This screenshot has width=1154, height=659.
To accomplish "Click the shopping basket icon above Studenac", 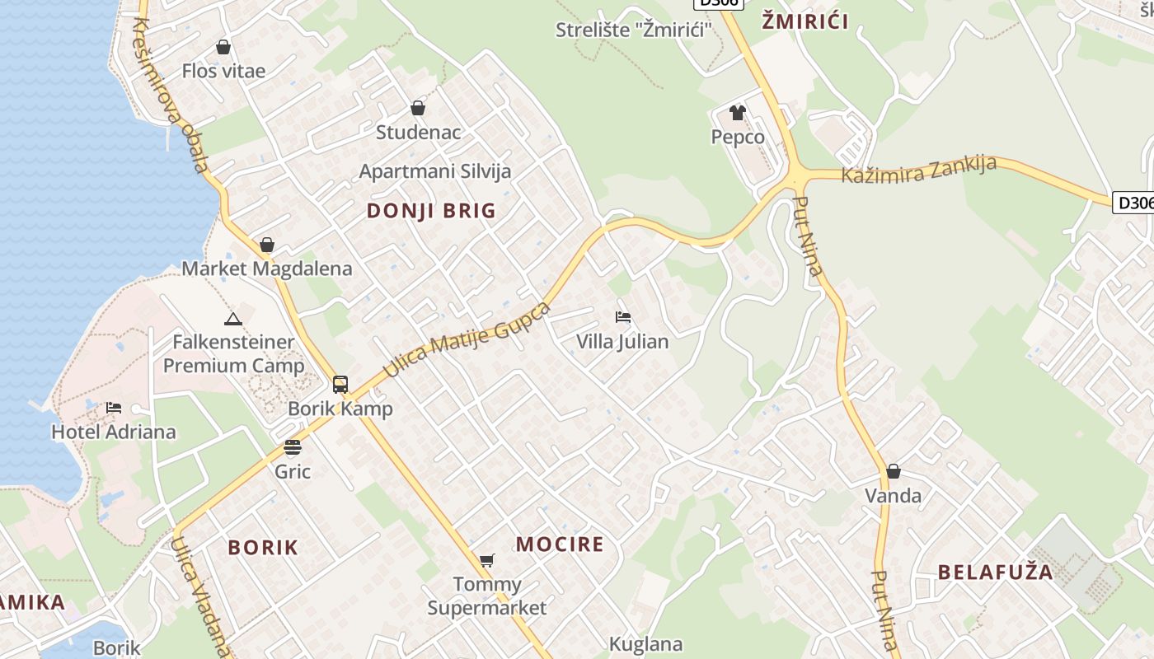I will pos(418,108).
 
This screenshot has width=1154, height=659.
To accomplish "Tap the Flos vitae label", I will pos(223,71).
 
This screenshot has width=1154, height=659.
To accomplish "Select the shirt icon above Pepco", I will pos(738,113).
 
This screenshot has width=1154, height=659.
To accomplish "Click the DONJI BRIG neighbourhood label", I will pos(431,211).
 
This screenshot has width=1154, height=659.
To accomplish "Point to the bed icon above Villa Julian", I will pos(623,317).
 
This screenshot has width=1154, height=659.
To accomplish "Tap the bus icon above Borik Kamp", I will pos(340,384).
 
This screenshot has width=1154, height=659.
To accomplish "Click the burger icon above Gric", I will pos(293,447).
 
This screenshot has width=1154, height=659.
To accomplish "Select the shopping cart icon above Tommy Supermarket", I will pos(487,561).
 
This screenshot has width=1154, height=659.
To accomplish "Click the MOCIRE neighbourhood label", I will pos(560,544).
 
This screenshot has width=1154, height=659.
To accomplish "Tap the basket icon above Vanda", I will pos(893,472).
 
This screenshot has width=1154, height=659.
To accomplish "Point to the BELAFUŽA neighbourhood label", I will pos(995,573).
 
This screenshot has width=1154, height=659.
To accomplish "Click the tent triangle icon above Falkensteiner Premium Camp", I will pos(233,319).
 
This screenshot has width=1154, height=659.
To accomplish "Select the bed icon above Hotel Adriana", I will pos(114,408).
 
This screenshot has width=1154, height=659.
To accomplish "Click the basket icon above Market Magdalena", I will pos(266,245).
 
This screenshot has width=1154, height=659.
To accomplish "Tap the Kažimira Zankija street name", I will pos(918,170).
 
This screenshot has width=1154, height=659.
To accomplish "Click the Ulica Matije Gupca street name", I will pos(467,339).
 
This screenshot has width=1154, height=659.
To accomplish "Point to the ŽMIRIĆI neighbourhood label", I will pos(805,22).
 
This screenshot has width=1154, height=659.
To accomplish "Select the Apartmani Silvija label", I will pos(435,171).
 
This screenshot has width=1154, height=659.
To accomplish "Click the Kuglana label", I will pos(645,644).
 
